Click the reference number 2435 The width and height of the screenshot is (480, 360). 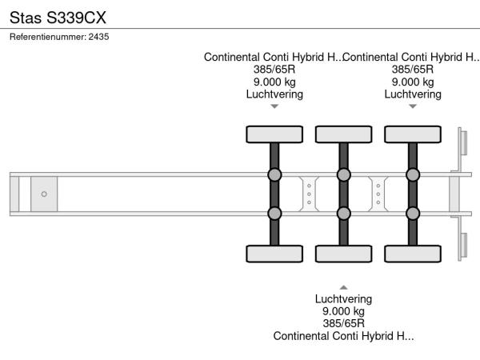pos(99,37)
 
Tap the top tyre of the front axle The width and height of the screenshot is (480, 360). pos(274,134)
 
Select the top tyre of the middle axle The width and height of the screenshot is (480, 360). pos(343,134)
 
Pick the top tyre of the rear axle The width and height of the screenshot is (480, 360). pos(413,134)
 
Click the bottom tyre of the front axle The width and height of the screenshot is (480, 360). pos(274,254)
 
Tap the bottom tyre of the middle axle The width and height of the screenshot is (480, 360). pos(343,254)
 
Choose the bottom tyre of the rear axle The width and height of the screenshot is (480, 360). pos(413,254)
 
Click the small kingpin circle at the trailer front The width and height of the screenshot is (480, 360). pos(44,194)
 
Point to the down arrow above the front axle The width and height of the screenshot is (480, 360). pos(274,106)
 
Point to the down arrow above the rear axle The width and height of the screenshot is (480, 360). pos(413,106)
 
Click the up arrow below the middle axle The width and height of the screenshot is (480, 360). pos(343,287)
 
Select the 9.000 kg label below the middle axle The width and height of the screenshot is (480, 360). pos(343,311)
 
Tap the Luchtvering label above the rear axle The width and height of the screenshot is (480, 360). pos(413,94)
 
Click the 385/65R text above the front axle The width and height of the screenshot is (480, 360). pos(274,69)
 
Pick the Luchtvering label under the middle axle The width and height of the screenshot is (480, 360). pos(343,299)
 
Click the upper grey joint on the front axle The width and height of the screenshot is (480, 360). pos(274,175)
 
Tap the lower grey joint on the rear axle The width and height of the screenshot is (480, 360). pos(413,213)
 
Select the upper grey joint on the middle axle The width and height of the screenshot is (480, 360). pos(343,175)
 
